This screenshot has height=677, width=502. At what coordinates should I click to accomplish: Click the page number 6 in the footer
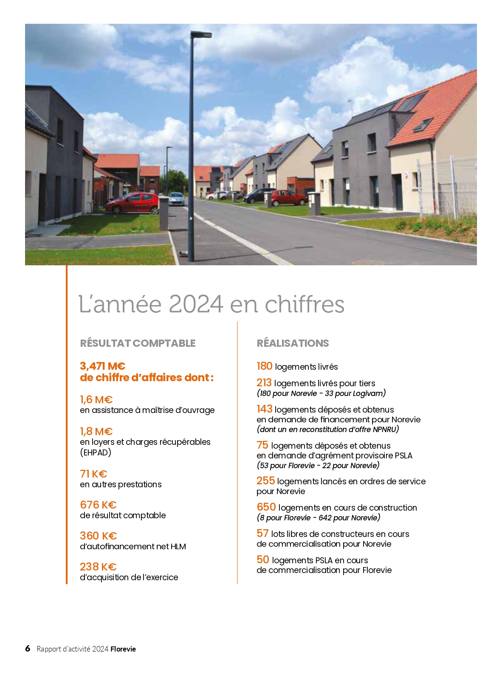pos(28,648)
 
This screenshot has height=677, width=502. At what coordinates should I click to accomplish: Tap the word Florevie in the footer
pos(123,649)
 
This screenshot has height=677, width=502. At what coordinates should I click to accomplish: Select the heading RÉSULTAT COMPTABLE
pos(138,343)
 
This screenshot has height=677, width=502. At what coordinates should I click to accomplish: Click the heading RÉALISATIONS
pos(293,343)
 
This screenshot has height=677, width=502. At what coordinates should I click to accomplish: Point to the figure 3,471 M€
pos(102,366)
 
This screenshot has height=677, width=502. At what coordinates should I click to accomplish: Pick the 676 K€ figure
pos(98,505)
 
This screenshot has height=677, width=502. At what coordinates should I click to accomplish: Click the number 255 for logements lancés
pos(265,480)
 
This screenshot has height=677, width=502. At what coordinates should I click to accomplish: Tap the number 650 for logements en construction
pos(266,507)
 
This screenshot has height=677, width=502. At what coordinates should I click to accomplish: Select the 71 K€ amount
pos(93,474)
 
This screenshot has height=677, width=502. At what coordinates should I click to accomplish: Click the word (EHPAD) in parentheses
pos(96,452)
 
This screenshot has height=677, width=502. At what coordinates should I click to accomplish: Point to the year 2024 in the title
pos(196,304)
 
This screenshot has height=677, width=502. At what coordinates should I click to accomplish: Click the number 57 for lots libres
pos(262,533)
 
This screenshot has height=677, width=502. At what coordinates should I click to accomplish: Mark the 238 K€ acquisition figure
pos(98,567)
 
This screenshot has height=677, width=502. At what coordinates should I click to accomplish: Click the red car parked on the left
pos(133,203)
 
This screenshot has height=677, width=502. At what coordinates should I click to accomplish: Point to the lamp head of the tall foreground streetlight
pos(201,34)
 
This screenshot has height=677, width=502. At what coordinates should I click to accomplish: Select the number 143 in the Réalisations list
pos(264,409)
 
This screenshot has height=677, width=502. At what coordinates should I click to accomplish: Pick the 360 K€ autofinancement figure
pos(98,536)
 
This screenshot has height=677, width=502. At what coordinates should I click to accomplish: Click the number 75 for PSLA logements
pos(262,445)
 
